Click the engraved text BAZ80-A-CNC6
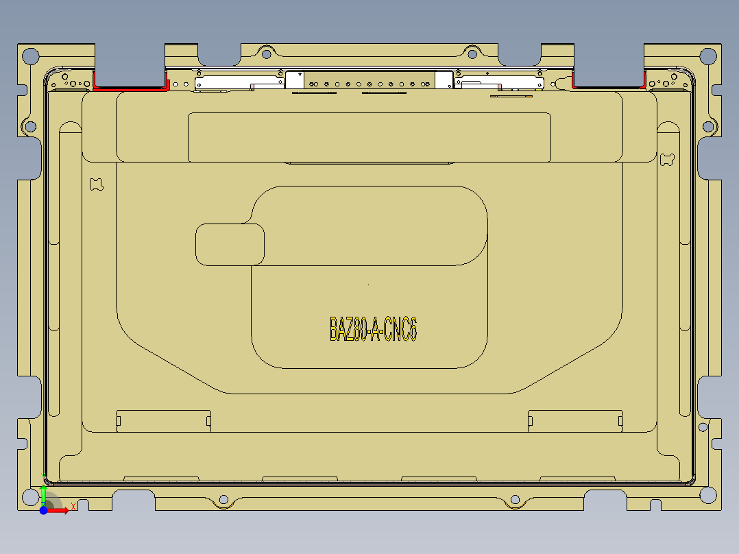(373, 329)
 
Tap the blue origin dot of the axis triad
(43, 510)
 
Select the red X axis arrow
(60, 510)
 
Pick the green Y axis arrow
(43, 495)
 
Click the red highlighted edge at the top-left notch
(130, 88)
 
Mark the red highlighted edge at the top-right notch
(607, 87)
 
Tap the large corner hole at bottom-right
(706, 494)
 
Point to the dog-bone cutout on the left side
(96, 184)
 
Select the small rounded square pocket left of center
(230, 244)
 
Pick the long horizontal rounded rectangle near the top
(369, 137)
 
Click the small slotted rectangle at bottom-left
(163, 420)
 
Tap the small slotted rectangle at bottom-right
(575, 420)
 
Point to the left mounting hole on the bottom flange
(222, 500)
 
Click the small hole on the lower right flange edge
(703, 427)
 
